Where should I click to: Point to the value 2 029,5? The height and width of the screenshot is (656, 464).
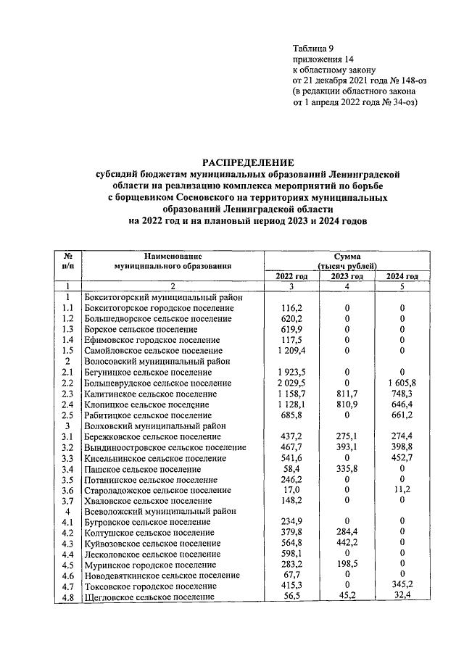point(291,383)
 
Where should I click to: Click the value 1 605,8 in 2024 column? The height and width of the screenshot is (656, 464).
point(403,383)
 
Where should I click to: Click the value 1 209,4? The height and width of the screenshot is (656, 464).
point(291,351)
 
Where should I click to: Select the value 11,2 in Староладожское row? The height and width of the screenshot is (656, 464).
point(403,489)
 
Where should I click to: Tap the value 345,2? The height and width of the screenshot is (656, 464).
point(403,585)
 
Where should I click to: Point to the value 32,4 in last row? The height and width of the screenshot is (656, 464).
point(403,596)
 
